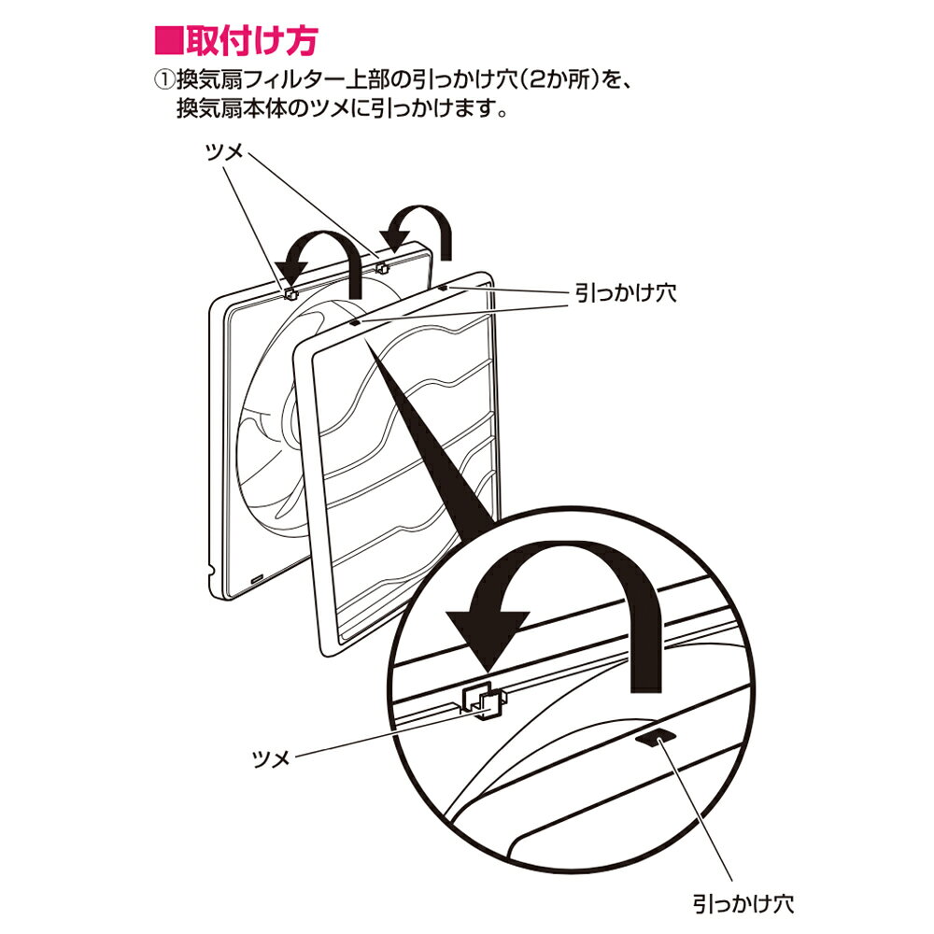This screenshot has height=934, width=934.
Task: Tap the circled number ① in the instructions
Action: point(163,80)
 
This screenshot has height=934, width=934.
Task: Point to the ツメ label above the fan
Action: point(224,152)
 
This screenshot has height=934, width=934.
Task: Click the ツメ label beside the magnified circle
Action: point(271,758)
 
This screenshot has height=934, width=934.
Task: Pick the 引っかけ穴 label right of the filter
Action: point(626,293)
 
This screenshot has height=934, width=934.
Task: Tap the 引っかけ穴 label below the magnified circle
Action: point(743,903)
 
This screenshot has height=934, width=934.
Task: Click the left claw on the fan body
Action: point(290,293)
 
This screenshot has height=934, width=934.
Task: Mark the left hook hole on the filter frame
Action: point(354,322)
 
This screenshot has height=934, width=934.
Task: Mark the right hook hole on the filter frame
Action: point(443,287)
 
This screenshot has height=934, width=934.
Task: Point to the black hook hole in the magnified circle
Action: point(657,738)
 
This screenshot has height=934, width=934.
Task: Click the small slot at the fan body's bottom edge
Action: point(258,579)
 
